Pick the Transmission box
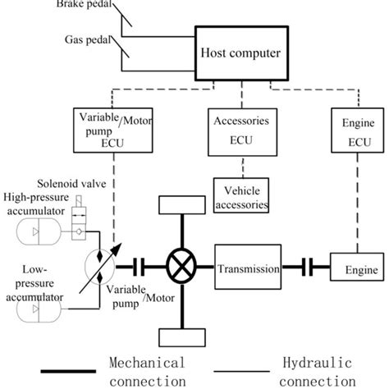[248, 268]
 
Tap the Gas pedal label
[86, 38]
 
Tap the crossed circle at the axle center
[180, 268]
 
